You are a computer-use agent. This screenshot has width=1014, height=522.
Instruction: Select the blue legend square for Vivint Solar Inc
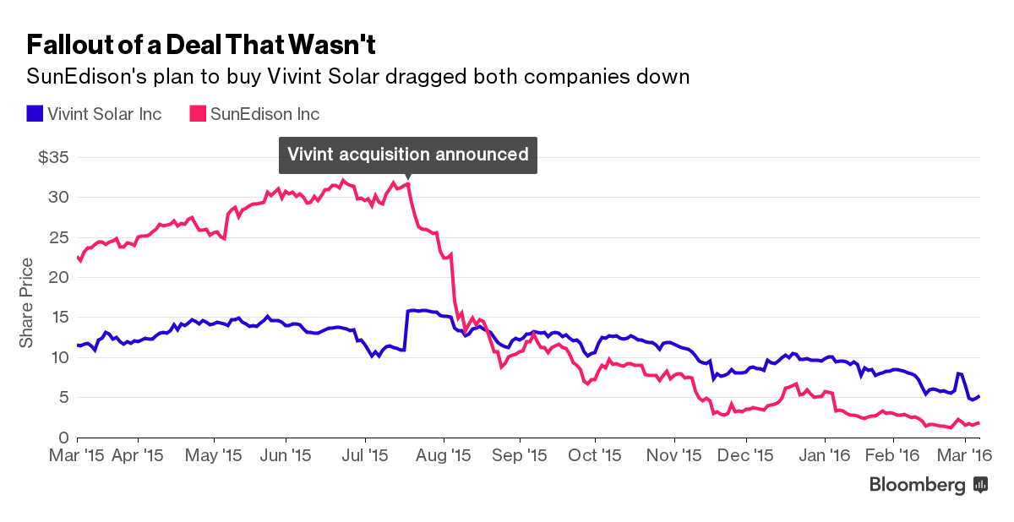(x=35, y=113)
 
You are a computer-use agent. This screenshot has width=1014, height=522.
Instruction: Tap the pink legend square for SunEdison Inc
(x=196, y=113)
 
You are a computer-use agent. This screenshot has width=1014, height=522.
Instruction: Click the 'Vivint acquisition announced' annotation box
(x=408, y=155)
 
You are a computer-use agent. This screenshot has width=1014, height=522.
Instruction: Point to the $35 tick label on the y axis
(x=53, y=158)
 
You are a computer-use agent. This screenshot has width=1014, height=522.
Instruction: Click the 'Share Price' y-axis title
(x=27, y=302)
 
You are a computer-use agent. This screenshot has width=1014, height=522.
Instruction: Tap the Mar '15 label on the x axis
(x=78, y=455)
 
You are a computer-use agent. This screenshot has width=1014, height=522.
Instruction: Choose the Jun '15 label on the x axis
(x=286, y=455)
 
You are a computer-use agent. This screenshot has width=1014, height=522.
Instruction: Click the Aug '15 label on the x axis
(x=444, y=455)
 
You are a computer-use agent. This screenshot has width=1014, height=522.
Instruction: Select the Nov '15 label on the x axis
(x=674, y=455)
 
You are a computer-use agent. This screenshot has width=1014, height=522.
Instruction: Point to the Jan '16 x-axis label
(x=825, y=455)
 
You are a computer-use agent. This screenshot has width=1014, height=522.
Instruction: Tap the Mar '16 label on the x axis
(x=967, y=455)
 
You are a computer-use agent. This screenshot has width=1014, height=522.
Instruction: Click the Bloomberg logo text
(x=917, y=485)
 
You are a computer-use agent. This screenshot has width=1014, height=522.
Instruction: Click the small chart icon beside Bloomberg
(x=981, y=485)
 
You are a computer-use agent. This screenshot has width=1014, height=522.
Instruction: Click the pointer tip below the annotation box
(x=408, y=178)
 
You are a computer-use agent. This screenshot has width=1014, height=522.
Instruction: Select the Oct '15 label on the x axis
(x=595, y=455)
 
